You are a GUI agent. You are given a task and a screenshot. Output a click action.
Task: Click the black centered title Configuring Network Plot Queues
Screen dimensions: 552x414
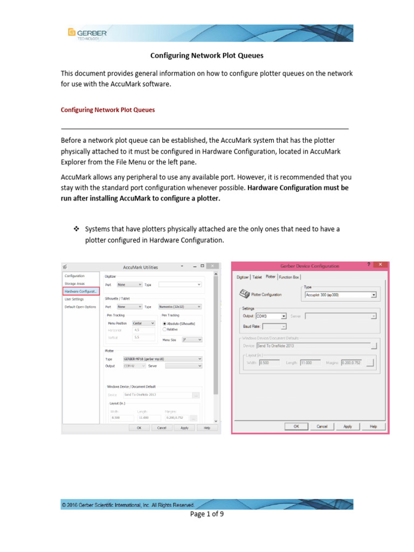206,55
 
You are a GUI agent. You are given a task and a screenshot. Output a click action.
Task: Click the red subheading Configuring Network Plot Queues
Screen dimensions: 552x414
108,109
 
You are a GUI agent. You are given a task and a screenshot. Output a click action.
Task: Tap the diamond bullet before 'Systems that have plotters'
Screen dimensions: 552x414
76,229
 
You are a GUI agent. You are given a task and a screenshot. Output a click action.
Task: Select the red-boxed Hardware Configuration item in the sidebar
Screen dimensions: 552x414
81,291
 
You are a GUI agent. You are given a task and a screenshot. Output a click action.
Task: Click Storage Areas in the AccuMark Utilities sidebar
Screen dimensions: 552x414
74,284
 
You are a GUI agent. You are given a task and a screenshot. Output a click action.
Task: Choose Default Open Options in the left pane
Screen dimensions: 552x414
80,307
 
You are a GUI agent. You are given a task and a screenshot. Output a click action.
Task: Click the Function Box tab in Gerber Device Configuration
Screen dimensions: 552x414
289,277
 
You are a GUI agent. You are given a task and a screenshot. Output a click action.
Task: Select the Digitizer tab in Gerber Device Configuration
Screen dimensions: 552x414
243,277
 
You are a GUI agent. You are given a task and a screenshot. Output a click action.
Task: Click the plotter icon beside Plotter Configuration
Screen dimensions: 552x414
244,294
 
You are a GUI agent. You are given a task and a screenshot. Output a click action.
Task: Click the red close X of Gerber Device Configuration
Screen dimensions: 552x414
381,265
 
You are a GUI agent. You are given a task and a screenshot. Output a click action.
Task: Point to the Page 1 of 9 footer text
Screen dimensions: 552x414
206,514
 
